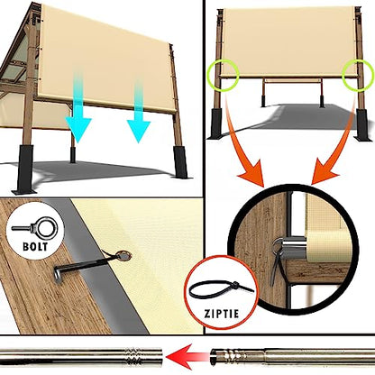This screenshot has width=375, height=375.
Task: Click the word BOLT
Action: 35,247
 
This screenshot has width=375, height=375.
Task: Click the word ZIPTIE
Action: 222,314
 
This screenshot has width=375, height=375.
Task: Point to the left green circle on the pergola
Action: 224,75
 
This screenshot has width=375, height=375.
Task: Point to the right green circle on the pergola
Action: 358,74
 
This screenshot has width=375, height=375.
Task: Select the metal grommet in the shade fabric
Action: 123,256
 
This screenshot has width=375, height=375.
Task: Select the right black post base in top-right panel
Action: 362,124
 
